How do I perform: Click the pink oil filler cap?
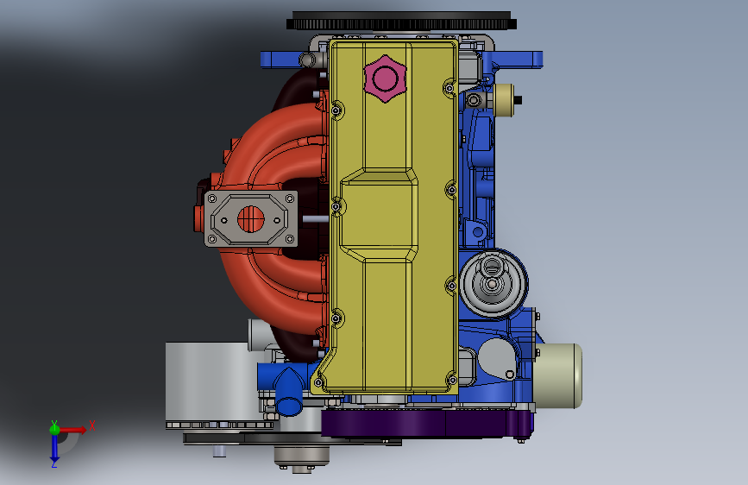[x=385, y=79]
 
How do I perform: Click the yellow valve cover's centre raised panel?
[x=378, y=214]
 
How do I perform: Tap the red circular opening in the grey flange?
[x=250, y=219]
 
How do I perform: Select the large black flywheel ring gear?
[x=401, y=21]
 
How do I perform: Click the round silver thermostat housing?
[x=493, y=282]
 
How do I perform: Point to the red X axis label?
[x=92, y=425]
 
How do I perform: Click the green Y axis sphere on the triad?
[x=54, y=429]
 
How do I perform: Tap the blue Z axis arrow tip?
[x=54, y=462]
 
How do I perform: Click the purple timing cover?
[x=426, y=423]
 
